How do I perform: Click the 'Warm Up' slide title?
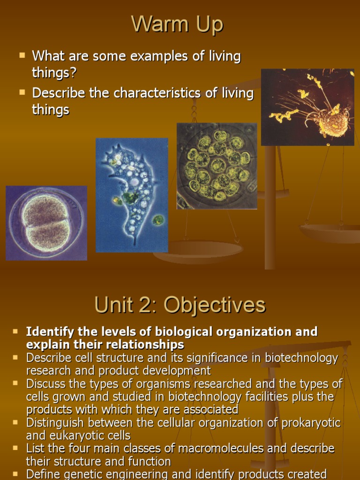[177, 24]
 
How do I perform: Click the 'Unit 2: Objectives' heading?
[180, 305]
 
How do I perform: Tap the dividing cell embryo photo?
[46, 223]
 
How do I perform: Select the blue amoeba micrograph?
[132, 195]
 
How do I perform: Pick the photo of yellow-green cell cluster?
[217, 166]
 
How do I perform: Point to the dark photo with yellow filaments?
[307, 107]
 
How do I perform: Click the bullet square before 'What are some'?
[22, 55]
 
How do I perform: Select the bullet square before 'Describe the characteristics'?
[22, 92]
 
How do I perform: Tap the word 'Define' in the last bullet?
[43, 474]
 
